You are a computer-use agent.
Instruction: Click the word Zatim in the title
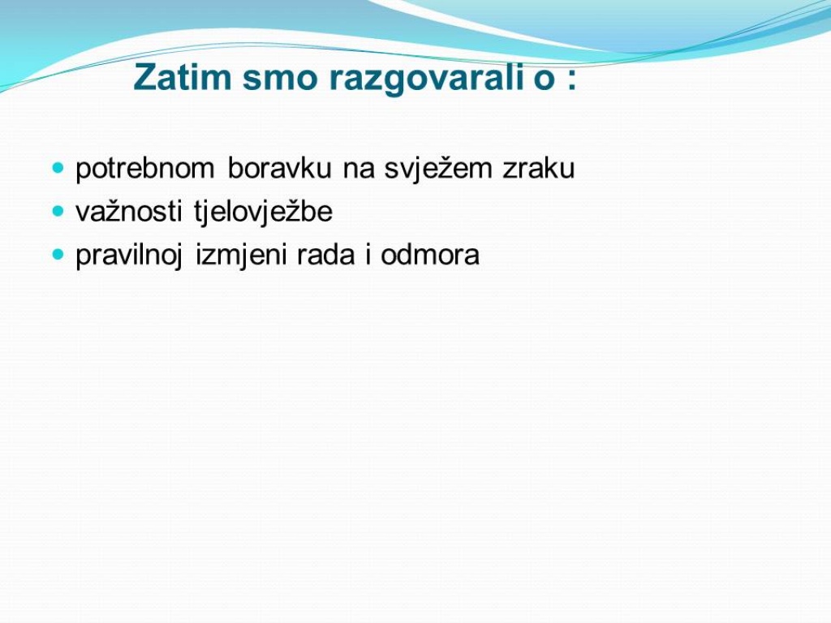click(183, 77)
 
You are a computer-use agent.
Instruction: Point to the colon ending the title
click(571, 82)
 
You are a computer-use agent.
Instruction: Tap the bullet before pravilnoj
click(58, 255)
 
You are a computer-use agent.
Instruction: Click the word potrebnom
click(145, 170)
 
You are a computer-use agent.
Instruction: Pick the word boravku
click(280, 168)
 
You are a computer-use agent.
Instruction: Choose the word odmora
click(430, 254)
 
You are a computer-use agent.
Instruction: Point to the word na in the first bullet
click(358, 170)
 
